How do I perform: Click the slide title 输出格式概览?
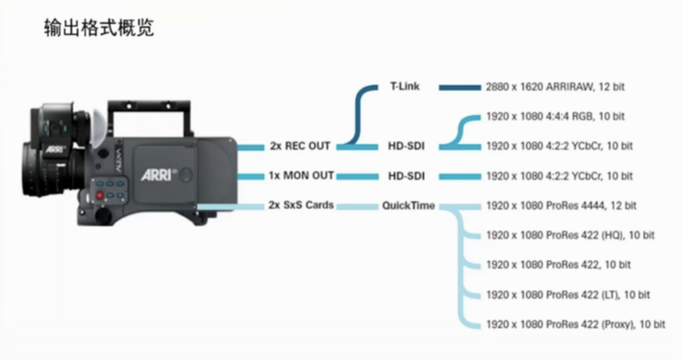pos(99,29)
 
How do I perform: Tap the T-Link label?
pos(405,86)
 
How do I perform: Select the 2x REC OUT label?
pos(300,146)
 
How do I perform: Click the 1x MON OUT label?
pos(301,176)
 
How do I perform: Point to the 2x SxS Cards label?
pos(301,205)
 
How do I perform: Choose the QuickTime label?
pos(408,205)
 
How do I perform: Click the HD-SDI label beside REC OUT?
pos(406,146)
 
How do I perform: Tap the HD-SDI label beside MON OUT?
pos(406,176)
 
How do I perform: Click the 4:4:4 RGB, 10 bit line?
pos(555,117)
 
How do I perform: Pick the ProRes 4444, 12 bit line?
pos(561,205)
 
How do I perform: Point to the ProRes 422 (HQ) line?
pos(570,236)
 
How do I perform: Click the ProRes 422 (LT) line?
pos(568,295)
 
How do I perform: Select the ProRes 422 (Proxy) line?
pos(576,324)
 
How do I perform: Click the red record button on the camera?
pos(100,195)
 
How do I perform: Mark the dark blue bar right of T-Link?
pos(460,88)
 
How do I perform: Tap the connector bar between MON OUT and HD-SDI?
pos(357,177)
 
